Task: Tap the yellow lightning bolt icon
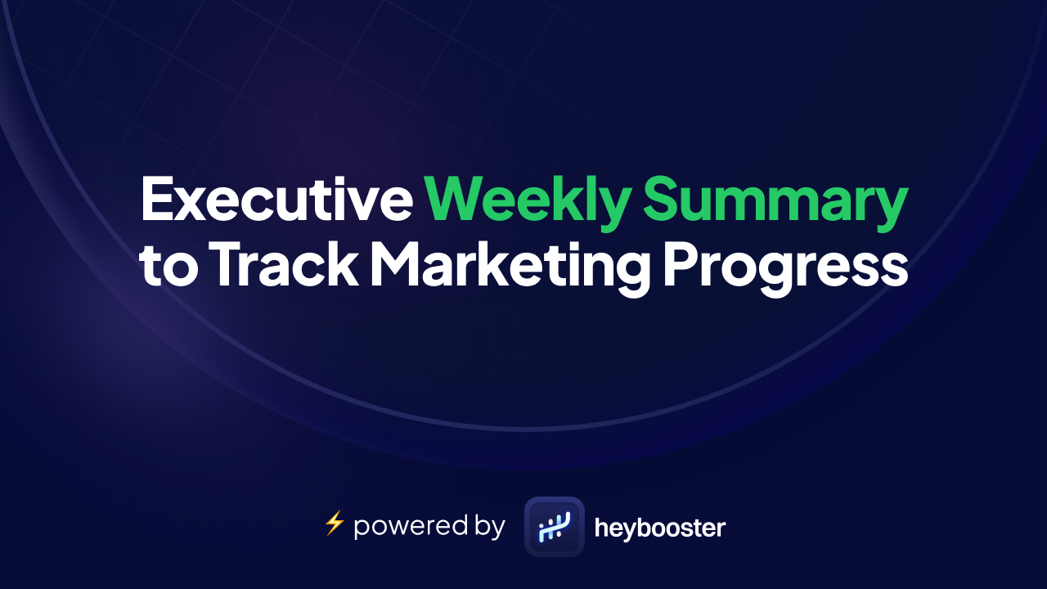click(x=334, y=524)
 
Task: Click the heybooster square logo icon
click(x=555, y=527)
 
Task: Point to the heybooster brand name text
click(x=659, y=528)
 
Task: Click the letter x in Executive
click(x=195, y=205)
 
